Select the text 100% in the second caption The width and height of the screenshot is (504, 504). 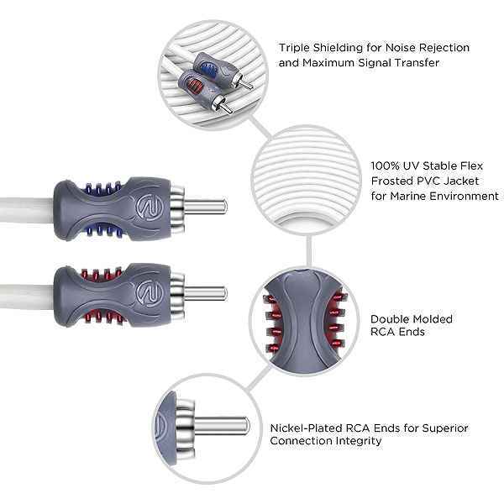[385, 165]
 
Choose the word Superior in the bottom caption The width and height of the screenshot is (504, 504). [444, 428]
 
